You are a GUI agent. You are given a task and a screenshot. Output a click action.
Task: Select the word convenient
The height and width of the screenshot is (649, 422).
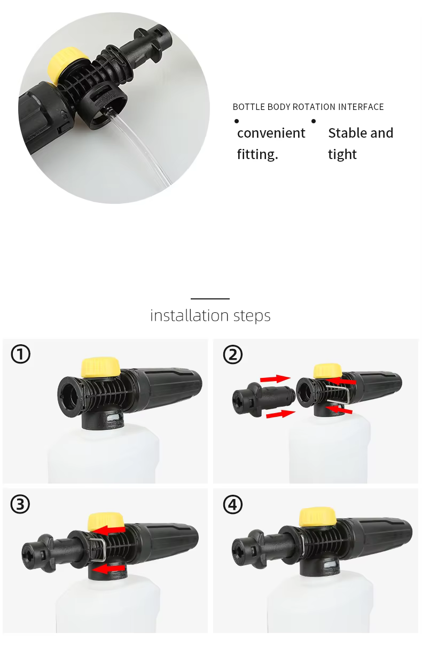point(271,133)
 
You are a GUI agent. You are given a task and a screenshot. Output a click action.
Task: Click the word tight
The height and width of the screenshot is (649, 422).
point(342,154)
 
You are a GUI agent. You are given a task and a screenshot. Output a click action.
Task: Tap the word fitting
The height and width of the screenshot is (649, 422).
point(257,154)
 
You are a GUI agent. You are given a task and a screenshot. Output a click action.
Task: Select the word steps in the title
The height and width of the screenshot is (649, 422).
point(252,316)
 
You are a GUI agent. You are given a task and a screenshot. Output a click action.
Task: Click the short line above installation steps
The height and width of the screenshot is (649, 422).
point(210,298)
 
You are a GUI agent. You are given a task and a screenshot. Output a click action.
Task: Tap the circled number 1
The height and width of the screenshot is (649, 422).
point(21,354)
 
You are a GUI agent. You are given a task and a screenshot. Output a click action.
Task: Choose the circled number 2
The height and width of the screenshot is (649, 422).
point(232,354)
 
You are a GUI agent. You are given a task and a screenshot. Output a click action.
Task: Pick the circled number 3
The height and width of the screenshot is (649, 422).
point(20,504)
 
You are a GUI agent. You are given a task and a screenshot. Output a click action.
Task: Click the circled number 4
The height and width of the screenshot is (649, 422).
point(232,504)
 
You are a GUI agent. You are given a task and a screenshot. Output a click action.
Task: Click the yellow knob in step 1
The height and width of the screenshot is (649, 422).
point(100,367)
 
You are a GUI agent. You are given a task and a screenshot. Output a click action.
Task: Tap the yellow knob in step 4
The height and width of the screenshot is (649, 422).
point(318,517)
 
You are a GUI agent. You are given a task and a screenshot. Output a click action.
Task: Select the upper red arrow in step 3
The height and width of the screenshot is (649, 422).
point(110,530)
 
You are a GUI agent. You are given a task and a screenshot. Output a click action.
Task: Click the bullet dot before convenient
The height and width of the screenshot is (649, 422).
point(237,121)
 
